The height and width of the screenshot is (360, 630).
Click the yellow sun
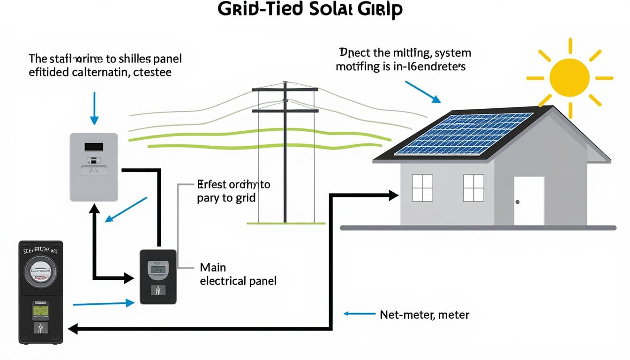(x=569, y=77)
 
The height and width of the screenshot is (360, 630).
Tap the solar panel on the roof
(x=464, y=133)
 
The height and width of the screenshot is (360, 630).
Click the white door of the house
(x=529, y=201)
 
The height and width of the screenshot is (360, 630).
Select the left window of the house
(x=422, y=188)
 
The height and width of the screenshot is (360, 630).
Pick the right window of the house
(x=473, y=188)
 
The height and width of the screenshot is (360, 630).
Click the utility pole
(x=285, y=155)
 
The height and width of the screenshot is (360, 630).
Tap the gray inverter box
(x=93, y=167)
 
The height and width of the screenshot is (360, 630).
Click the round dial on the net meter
(x=40, y=271)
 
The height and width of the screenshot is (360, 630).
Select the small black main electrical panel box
(x=158, y=277)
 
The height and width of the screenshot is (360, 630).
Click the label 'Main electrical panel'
(x=238, y=274)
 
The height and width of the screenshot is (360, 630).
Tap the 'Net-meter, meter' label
(x=424, y=315)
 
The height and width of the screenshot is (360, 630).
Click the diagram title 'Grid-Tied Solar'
(x=310, y=10)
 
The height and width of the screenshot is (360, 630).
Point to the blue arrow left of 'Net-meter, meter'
(x=359, y=314)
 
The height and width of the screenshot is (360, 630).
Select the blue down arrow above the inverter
(x=94, y=108)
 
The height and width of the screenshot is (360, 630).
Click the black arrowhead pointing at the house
(x=393, y=195)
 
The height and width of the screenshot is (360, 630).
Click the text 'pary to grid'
(x=226, y=198)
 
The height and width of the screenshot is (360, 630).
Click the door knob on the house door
(x=517, y=202)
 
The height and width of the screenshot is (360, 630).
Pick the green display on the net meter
(x=40, y=310)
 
